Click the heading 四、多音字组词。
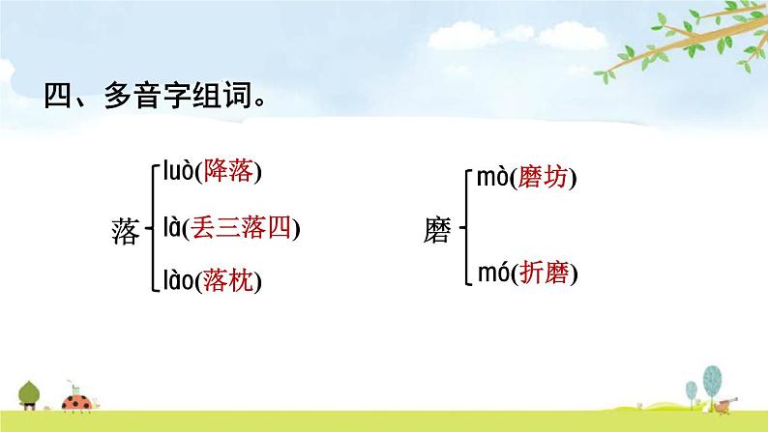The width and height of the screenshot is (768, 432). tap(156, 98)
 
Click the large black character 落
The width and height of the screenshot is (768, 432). tap(126, 231)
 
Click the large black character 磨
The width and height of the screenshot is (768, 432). tap(438, 230)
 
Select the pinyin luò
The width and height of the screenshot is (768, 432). tap(174, 173)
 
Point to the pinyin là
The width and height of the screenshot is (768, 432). tap(170, 228)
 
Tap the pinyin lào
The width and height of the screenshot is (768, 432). tap(175, 280)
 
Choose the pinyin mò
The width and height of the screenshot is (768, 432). tap(489, 178)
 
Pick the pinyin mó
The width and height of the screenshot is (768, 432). tap(489, 274)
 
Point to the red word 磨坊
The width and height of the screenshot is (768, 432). tap(545, 179)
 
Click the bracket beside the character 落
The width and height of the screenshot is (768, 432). tap(151, 229)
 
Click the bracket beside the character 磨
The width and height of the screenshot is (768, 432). tap(464, 229)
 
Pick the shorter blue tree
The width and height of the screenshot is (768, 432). tap(691, 390)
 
